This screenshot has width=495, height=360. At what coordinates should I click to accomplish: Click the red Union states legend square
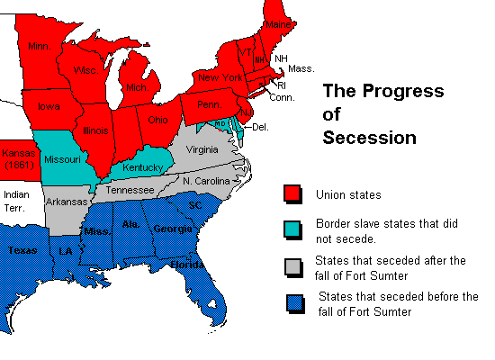click(x=292, y=193)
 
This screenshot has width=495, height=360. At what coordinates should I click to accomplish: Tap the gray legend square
click(x=292, y=267)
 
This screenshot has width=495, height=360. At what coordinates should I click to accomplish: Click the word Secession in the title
click(x=369, y=138)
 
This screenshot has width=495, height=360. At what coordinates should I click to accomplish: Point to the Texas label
click(x=23, y=251)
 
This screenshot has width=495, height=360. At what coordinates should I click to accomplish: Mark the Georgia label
click(x=172, y=229)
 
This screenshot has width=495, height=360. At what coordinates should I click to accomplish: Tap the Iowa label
click(x=49, y=106)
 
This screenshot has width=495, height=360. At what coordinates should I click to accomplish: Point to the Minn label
click(x=39, y=45)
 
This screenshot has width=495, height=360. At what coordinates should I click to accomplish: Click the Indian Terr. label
click(x=16, y=200)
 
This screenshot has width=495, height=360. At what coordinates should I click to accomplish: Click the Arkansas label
click(x=67, y=202)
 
